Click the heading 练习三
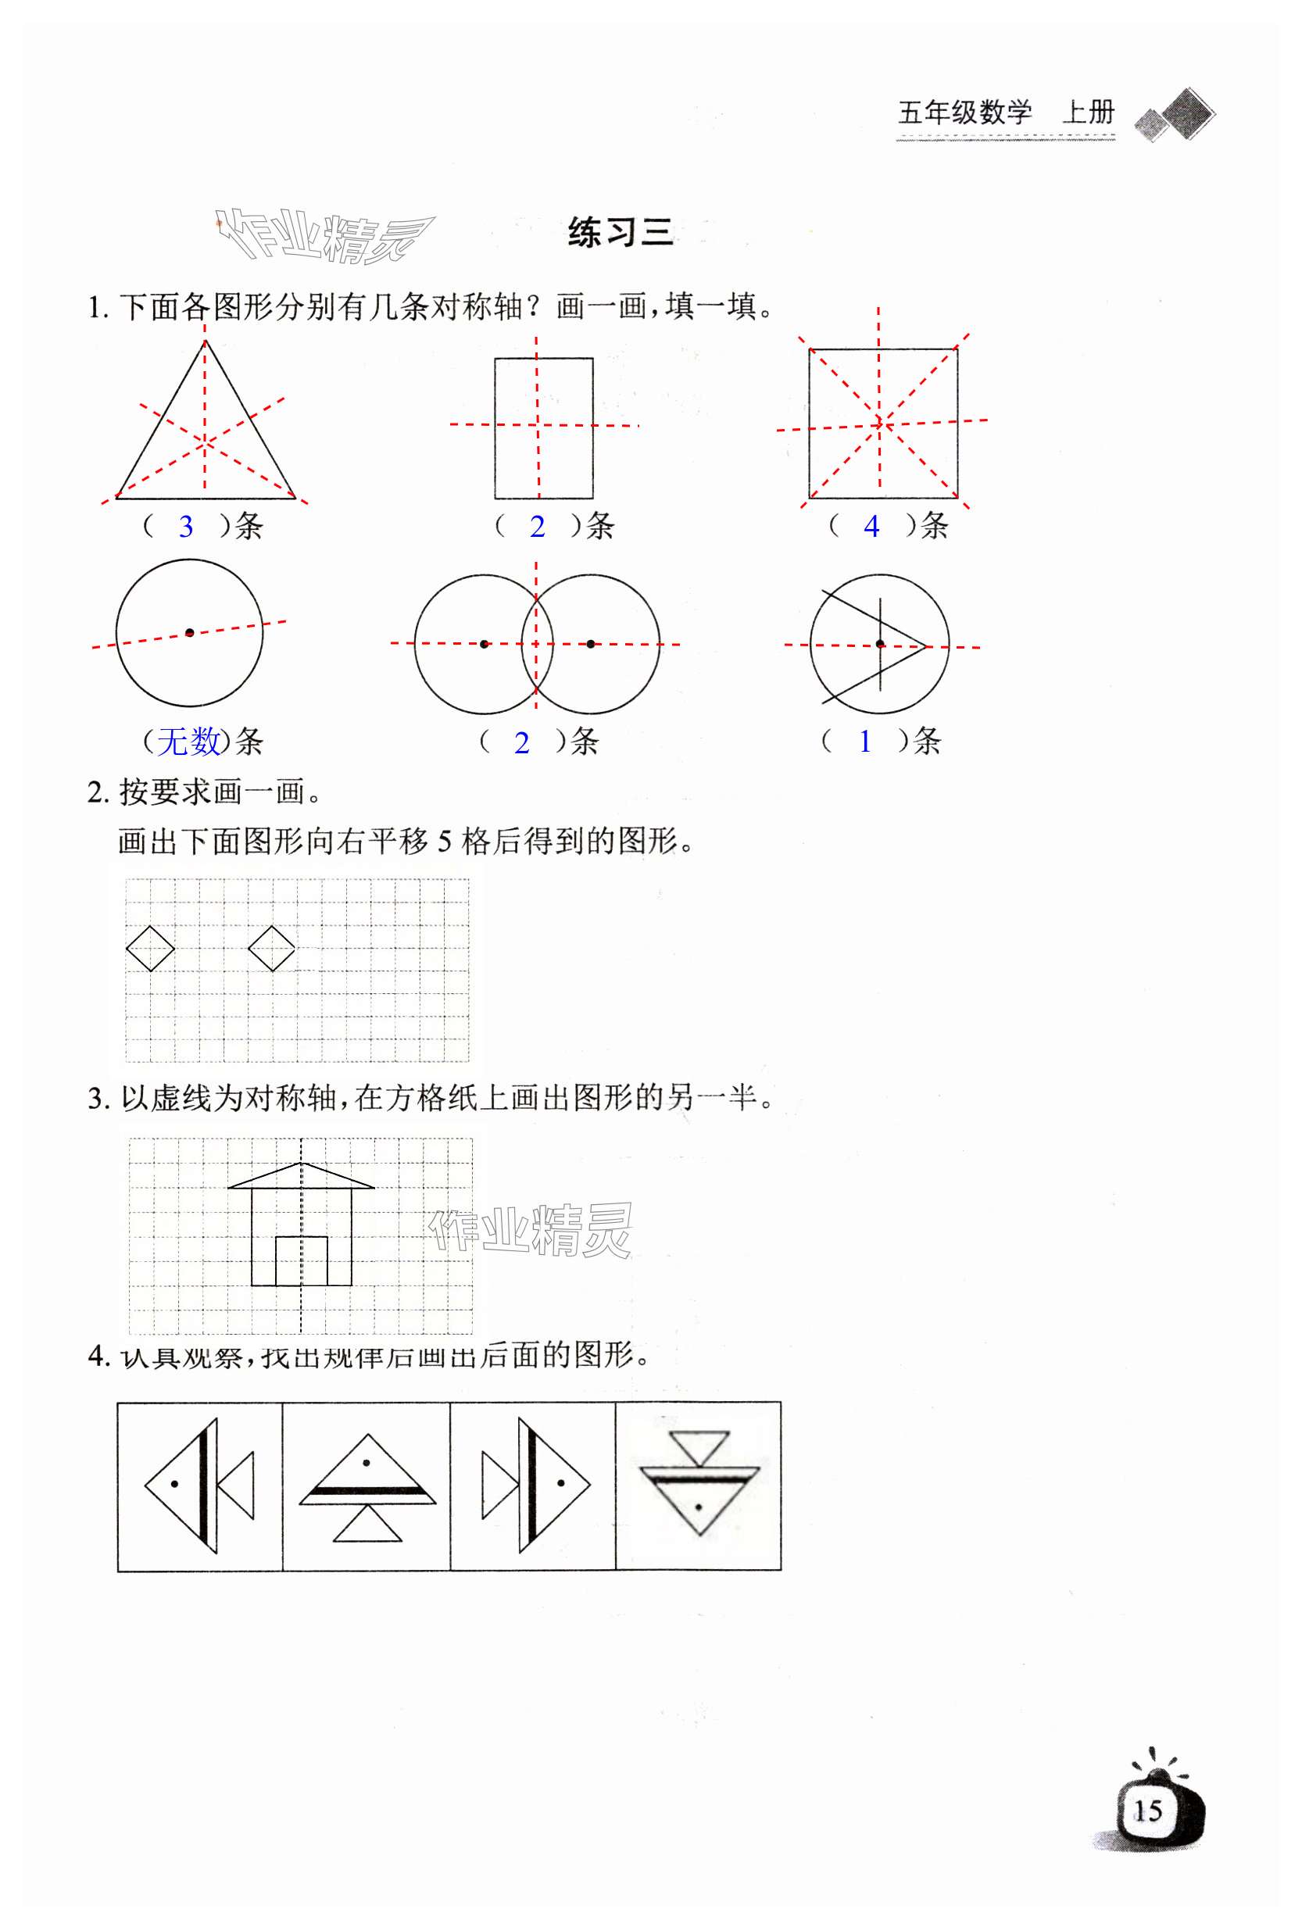pos(620,232)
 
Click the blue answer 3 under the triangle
pos(186,527)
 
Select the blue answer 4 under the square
pos(871,527)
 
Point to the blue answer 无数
pos(189,741)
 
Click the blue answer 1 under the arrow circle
pos(865,741)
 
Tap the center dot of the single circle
pos(190,633)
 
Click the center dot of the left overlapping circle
pos(485,643)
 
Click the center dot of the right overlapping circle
pos(591,643)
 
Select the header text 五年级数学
pos(964,112)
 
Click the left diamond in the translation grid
pos(150,948)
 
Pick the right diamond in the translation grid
pos(272,948)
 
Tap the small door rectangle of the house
pos(301,1260)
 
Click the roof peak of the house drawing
pos(301,1164)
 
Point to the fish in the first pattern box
pos(199,1484)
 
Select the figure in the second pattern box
pos(367,1489)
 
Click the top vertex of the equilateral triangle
pos(205,341)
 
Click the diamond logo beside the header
pos(1176,114)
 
